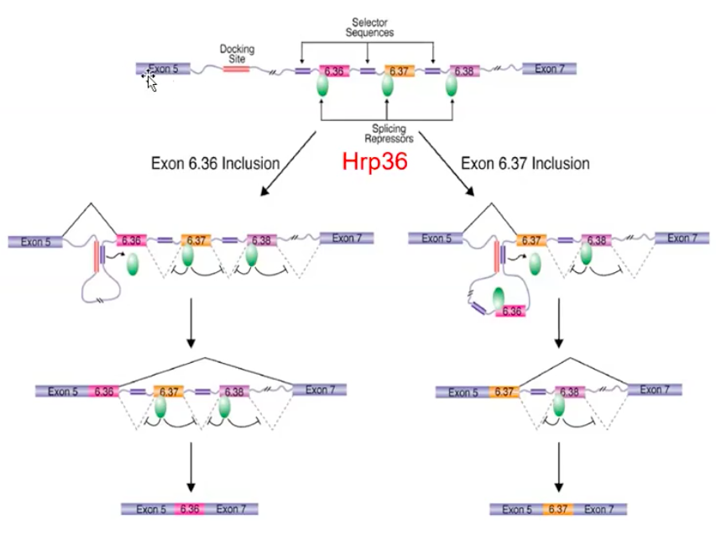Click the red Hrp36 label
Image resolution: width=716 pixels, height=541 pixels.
(x=374, y=162)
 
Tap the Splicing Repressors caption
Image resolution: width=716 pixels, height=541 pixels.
(x=386, y=134)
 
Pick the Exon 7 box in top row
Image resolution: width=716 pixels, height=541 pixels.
(x=549, y=69)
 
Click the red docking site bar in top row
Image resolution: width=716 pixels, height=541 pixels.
(x=237, y=70)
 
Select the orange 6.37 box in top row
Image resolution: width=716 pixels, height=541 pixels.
(x=400, y=71)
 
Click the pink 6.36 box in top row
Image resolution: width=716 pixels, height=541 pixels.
(x=333, y=71)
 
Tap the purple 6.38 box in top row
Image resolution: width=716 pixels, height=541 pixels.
(x=464, y=71)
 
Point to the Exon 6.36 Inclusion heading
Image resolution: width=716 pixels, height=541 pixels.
(x=215, y=163)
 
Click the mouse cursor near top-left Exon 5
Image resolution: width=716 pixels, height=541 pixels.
(x=150, y=81)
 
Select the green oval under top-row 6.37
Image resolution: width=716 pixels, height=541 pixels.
(x=388, y=87)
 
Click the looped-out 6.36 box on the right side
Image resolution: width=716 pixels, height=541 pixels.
(x=511, y=311)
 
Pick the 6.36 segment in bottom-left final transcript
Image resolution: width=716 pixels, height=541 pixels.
(x=190, y=509)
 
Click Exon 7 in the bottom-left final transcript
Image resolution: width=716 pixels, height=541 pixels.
(x=231, y=509)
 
